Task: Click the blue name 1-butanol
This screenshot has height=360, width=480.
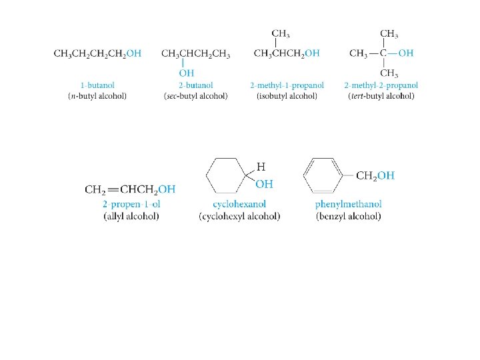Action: pos(97,85)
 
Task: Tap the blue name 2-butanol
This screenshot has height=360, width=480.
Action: pos(195,85)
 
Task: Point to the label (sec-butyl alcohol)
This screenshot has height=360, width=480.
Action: pos(195,96)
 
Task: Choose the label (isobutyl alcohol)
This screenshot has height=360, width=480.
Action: pos(287,96)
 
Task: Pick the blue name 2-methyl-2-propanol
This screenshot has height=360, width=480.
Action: pos(381,85)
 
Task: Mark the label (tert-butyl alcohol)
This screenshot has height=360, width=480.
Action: pos(381,96)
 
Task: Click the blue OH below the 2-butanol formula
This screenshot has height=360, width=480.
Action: pos(186,73)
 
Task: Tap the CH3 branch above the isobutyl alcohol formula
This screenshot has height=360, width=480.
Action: pos(281,33)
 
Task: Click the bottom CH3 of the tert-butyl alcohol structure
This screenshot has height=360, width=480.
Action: pos(389,73)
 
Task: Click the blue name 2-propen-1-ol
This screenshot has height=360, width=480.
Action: pos(131,204)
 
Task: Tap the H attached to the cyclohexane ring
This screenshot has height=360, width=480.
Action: pos(262,167)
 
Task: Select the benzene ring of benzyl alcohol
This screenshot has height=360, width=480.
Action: pos(324,175)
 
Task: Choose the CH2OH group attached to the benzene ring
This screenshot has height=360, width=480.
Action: pos(375,176)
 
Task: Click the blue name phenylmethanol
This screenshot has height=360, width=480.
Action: pos(348,204)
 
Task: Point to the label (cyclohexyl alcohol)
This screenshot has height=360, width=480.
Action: pos(239,216)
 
